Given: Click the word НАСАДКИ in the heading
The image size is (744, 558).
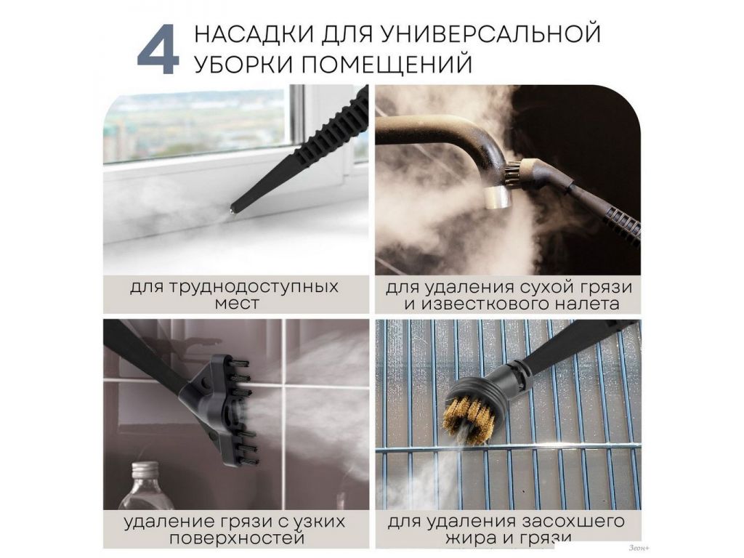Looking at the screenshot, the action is (x=254, y=34).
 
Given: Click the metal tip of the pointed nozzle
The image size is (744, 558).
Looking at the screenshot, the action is (x=232, y=210).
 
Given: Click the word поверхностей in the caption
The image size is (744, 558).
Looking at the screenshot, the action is (x=237, y=538).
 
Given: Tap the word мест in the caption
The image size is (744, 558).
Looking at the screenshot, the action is (x=237, y=304).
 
